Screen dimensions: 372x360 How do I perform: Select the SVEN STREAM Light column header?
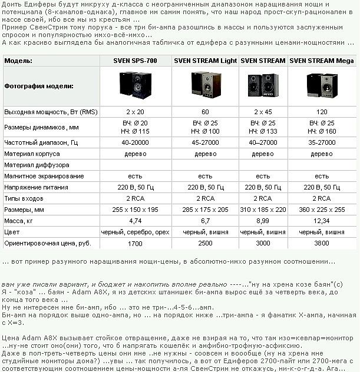[205, 61]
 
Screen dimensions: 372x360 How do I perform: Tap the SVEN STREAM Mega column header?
[321, 61]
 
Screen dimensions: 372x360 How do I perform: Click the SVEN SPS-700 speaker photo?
[135, 85]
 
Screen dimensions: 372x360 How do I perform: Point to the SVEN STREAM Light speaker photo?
[206, 85]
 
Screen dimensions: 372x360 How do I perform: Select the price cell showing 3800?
[322, 243]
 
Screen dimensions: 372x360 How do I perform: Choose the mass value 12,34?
[322, 221]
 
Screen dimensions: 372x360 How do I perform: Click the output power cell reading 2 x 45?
[263, 111]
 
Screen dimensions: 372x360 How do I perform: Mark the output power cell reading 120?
[322, 111]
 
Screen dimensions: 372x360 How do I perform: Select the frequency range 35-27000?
[322, 142]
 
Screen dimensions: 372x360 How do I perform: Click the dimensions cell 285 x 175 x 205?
[205, 210]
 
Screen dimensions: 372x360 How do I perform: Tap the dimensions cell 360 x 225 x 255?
[322, 210]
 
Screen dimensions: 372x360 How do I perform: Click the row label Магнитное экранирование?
[44, 176]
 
